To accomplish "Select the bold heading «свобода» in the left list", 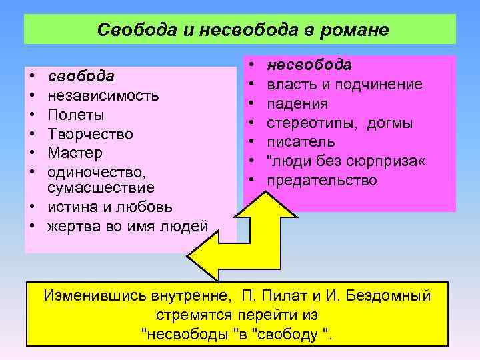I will pyautogui.click(x=81, y=75).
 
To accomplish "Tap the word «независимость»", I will pyautogui.click(x=103, y=95).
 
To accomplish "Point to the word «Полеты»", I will pyautogui.click(x=77, y=114).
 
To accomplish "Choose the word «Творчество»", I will pyautogui.click(x=91, y=133).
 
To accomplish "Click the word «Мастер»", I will pyautogui.click(x=75, y=153).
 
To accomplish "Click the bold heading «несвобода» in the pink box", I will pyautogui.click(x=309, y=65).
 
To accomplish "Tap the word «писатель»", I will pyautogui.click(x=301, y=142).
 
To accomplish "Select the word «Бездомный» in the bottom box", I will pyautogui.click(x=389, y=295).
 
